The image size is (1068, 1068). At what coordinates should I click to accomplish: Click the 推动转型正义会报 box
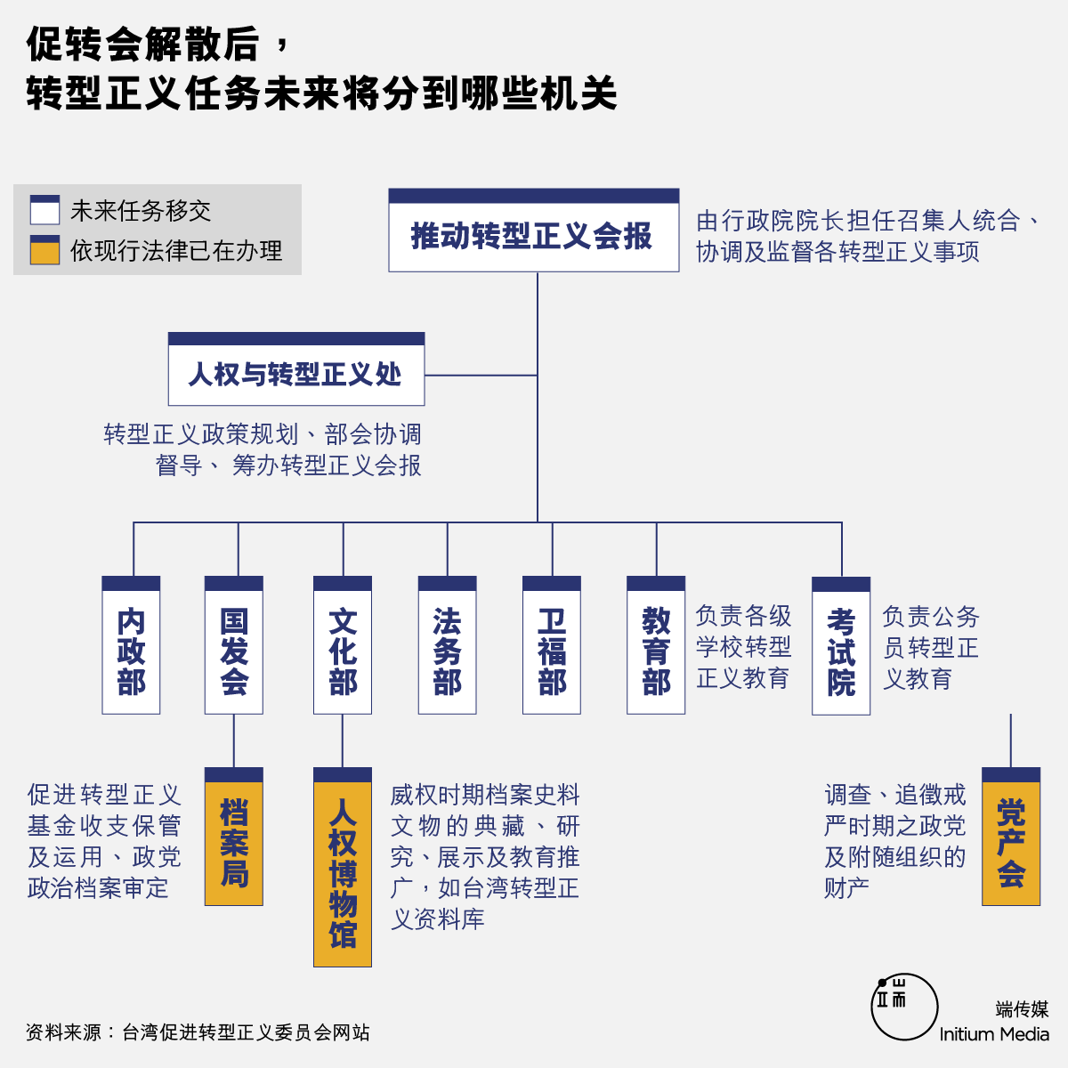[534, 230]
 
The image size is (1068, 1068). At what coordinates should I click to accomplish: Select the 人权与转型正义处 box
[296, 369]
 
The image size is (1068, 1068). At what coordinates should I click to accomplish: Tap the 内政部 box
[131, 645]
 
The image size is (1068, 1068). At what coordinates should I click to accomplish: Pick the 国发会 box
[234, 645]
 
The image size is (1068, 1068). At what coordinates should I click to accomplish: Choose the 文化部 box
[343, 645]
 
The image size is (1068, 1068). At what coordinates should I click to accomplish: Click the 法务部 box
[448, 645]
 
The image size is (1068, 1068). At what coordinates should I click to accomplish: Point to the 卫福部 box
[552, 645]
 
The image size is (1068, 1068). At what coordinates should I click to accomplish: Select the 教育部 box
[656, 645]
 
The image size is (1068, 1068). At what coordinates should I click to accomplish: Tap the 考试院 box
[841, 645]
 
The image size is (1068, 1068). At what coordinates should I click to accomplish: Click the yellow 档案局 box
[234, 837]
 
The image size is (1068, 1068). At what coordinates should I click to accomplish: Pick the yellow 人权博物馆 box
[343, 867]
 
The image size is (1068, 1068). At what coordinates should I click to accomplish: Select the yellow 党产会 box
[1011, 837]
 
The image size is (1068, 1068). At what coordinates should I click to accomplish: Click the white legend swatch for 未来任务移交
[44, 209]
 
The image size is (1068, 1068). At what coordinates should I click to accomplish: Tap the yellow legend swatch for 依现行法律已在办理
[44, 250]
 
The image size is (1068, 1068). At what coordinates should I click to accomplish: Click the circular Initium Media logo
[904, 1007]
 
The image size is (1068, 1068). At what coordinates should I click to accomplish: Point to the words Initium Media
[994, 1034]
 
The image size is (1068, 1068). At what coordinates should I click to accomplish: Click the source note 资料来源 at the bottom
[198, 1032]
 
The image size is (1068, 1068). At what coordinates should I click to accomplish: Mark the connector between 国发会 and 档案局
[234, 741]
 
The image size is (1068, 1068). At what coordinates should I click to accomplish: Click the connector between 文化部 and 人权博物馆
[343, 741]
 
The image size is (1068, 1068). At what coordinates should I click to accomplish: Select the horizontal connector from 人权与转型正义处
[481, 376]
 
